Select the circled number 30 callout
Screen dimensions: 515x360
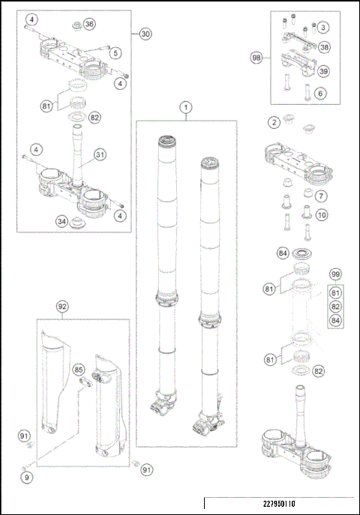(x=145, y=34)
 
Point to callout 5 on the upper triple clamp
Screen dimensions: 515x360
(x=115, y=53)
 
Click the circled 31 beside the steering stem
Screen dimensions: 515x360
(x=99, y=154)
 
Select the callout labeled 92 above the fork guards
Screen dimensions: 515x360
(x=62, y=306)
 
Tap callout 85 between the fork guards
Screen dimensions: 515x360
(x=79, y=369)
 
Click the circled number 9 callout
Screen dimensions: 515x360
(x=26, y=476)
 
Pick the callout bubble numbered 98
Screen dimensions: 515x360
(x=256, y=58)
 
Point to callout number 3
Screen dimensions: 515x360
(x=322, y=28)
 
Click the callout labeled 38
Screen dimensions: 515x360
(x=323, y=46)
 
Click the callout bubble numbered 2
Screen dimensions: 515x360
(x=275, y=121)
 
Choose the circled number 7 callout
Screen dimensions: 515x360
(x=320, y=196)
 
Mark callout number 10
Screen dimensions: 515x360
(x=320, y=216)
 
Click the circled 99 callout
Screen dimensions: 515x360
(x=335, y=275)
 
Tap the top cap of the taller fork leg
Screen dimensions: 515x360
(x=166, y=140)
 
